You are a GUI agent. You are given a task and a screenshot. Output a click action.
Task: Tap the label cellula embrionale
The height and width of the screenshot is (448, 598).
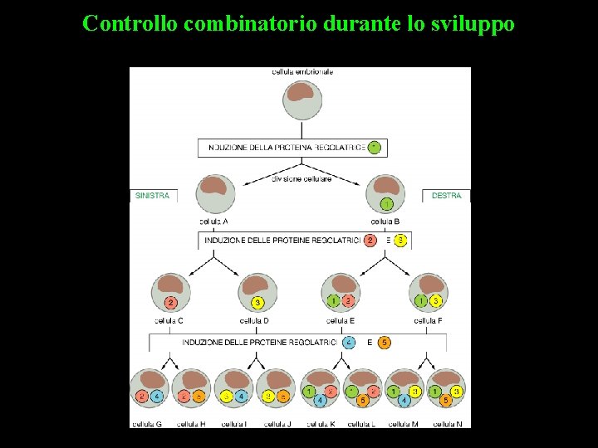tap(302, 72)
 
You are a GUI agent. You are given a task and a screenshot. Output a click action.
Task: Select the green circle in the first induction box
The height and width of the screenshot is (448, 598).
tap(375, 148)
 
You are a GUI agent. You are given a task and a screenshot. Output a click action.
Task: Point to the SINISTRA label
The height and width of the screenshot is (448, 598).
tap(152, 196)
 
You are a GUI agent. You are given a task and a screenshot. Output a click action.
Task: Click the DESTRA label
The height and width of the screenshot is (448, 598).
tap(447, 196)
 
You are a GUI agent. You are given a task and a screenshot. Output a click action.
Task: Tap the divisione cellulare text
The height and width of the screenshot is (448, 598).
tap(301, 179)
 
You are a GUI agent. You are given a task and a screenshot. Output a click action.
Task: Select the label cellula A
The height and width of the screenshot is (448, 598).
tap(214, 222)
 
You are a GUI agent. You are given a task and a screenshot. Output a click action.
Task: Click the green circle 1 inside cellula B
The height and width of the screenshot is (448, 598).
tap(385, 204)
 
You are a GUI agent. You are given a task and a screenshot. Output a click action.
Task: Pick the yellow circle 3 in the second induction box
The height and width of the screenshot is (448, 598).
tap(400, 241)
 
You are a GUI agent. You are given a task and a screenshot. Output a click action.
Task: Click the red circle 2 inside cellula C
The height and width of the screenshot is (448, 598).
tap(170, 302)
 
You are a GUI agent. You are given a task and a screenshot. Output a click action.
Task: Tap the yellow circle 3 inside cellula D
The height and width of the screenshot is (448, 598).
tap(257, 302)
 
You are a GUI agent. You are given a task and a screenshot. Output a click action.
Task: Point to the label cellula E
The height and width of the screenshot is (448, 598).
tap(341, 321)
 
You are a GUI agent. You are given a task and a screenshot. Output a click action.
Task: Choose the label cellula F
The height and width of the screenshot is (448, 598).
tap(428, 321)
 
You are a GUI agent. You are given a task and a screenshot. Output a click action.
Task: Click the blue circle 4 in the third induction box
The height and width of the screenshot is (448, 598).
tap(350, 342)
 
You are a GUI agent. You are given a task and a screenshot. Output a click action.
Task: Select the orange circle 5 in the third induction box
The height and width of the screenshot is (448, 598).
tap(385, 342)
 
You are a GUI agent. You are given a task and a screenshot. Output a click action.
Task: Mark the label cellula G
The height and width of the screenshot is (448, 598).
tap(147, 425)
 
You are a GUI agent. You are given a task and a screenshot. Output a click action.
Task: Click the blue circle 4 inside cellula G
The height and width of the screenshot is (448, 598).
tap(155, 397)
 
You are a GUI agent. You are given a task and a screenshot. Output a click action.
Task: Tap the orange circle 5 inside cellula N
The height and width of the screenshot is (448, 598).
tap(446, 401)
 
